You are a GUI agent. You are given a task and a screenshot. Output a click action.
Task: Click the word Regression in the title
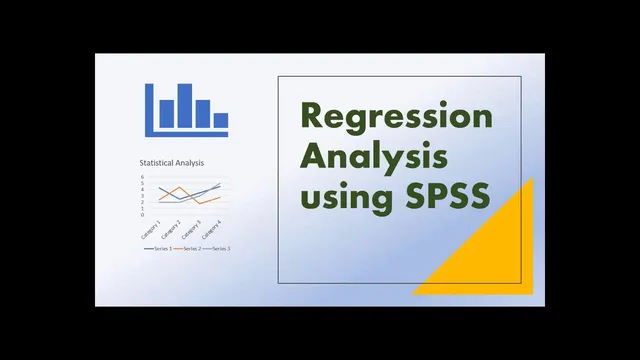coord(397,117)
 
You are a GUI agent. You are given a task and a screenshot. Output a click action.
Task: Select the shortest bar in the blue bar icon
coord(220,121)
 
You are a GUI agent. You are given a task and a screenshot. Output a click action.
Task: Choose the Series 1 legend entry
coord(155,247)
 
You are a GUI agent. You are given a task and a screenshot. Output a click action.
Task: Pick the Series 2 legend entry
coord(185,247)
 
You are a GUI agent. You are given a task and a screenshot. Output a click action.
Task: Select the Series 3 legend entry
coord(214,247)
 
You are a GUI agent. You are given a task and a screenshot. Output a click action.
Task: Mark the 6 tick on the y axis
coord(142,178)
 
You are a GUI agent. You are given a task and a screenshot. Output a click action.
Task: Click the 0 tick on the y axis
coord(142,214)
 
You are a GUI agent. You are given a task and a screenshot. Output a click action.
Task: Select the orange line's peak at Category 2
coord(180,187)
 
